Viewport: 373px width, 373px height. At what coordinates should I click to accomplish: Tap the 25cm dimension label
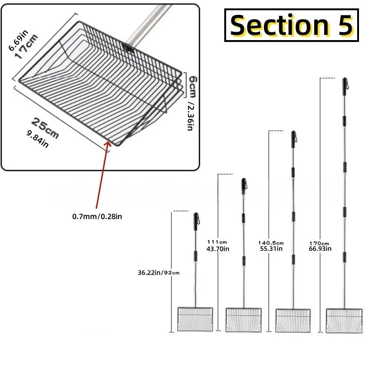coord(45,128)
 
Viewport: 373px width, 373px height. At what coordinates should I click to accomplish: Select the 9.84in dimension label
coord(38,139)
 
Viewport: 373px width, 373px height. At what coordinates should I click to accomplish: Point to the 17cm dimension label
coord(27,47)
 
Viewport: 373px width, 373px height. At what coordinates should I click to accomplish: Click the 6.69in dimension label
coord(18,40)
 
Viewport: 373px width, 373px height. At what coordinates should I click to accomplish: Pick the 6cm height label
coord(193,87)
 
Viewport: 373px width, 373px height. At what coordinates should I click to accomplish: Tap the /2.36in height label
coord(191,116)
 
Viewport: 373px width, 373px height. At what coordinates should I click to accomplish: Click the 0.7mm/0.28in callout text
coord(97,216)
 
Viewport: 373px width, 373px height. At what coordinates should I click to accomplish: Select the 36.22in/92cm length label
coord(159,273)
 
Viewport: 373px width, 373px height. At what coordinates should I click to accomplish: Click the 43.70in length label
coord(218,249)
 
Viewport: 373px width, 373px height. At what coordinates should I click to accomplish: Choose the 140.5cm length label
coord(271,243)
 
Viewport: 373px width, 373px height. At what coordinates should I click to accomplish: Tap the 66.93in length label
coord(320,249)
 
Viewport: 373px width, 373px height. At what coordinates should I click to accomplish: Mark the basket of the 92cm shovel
coord(195,319)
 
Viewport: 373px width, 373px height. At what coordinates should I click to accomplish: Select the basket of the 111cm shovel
coord(243,320)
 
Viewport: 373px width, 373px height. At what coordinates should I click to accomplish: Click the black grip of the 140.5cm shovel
coord(293,139)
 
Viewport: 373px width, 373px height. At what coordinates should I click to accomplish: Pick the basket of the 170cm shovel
coord(344,321)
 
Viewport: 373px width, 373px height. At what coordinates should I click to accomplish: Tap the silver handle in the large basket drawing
coord(147,25)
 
